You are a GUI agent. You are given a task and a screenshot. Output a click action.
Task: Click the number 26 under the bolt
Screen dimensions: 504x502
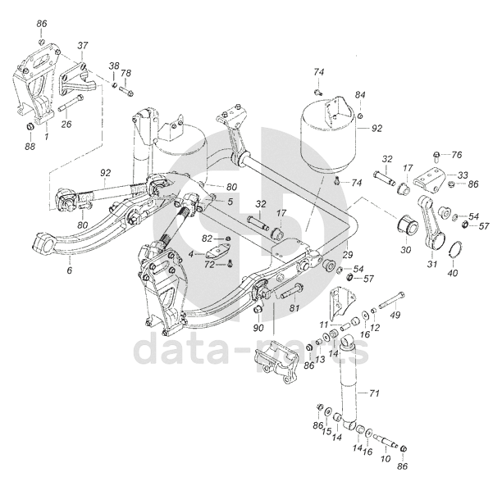(66, 125)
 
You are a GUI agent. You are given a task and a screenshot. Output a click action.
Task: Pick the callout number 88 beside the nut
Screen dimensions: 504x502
(30, 146)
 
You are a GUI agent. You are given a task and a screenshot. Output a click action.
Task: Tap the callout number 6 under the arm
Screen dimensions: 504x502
(70, 270)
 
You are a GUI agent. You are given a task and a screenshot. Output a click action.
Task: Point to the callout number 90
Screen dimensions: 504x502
(258, 329)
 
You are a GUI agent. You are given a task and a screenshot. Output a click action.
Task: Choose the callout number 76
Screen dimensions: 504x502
(458, 155)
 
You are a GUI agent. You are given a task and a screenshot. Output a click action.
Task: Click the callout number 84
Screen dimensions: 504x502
(360, 96)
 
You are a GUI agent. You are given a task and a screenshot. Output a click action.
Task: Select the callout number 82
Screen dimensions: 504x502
(208, 237)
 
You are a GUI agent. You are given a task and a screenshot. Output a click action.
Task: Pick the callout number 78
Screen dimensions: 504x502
(125, 73)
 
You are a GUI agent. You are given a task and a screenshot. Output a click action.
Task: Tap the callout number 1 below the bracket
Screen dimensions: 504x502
(47, 135)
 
